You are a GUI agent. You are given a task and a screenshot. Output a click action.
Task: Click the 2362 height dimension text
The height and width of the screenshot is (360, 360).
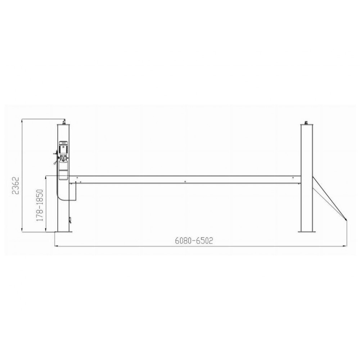click(x=15, y=185)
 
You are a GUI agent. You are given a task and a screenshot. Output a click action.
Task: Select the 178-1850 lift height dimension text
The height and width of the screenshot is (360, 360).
click(x=40, y=205)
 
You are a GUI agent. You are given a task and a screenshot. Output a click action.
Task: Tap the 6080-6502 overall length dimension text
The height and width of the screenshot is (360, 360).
click(x=194, y=240)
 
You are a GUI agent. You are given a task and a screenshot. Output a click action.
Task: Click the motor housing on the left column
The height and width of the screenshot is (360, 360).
click(x=63, y=148)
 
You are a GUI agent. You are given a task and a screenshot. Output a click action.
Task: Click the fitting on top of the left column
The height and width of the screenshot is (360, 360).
click(x=64, y=121)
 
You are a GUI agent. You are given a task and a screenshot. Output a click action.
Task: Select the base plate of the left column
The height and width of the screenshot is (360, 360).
click(x=64, y=232)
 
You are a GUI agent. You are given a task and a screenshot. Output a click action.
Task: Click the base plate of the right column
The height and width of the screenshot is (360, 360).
click(x=306, y=232)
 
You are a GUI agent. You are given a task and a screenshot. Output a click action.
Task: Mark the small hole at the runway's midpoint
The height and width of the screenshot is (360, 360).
click(x=185, y=181)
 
